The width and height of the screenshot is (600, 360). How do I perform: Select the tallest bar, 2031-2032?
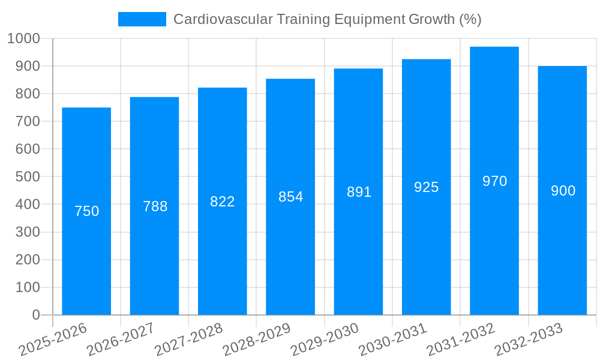494,240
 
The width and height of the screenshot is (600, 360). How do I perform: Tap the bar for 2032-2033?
562,252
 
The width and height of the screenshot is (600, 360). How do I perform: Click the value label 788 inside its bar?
155,206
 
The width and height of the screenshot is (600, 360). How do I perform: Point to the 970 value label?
494,181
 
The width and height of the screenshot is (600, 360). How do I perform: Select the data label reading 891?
359,192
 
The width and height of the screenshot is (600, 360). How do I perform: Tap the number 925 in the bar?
427,187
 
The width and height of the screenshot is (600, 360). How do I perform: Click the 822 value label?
223,202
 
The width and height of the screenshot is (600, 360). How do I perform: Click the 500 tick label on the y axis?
28,176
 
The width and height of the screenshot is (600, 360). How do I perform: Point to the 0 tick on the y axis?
36,315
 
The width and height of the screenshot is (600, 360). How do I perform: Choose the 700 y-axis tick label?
28,121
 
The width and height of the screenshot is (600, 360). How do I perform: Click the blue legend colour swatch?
142,19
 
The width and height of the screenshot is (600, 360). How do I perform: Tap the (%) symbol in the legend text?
470,19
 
